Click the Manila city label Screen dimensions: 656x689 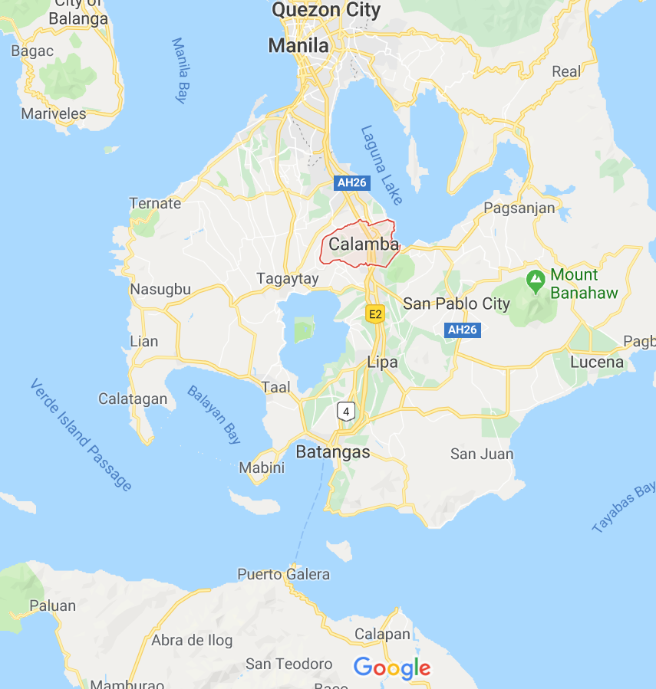pos(298,45)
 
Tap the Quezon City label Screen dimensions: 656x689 pos(326,10)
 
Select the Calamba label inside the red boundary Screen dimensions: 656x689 pos(364,244)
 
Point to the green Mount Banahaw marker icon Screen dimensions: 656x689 pos(536,281)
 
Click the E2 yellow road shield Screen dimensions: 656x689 pos(375,313)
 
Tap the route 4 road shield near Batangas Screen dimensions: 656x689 pos(347,412)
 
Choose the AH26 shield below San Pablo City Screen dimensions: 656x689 pos(463,330)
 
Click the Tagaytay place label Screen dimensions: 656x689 pos(288,278)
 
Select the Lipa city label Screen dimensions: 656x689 pos(382,362)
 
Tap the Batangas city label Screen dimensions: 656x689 pos(333,451)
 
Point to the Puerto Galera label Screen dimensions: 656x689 pos(283,574)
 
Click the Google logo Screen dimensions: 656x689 pos(391,668)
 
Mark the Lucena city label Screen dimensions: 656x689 pos(597,362)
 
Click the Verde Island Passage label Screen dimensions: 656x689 pos(81,434)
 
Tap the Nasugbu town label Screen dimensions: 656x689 pos(160,290)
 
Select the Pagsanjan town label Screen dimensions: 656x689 pos(519,208)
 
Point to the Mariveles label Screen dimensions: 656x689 pos(54,113)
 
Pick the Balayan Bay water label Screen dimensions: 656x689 pos(214,415)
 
